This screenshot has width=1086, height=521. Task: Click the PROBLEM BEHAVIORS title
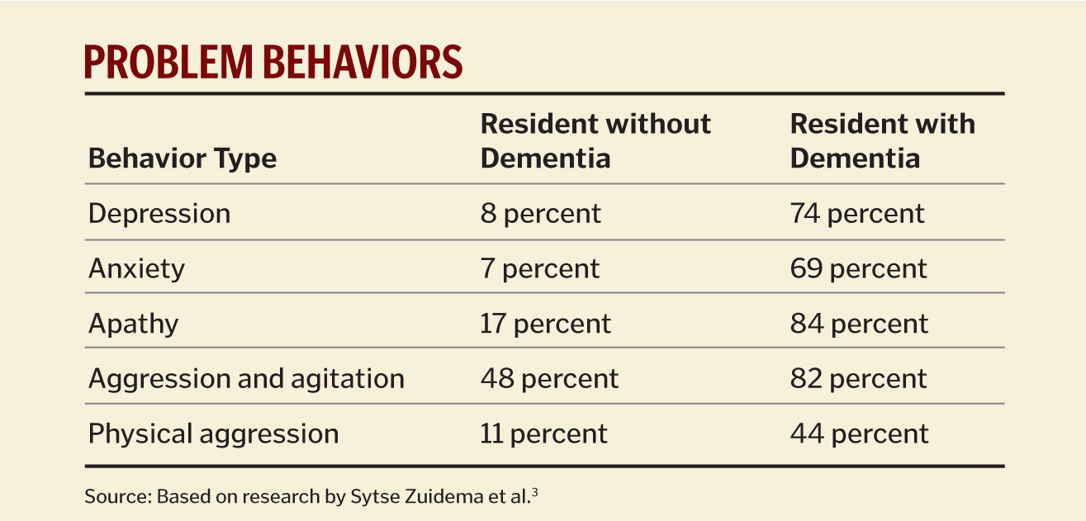[273, 63]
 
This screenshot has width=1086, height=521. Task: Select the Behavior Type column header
[183, 158]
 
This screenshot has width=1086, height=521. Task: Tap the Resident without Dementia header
[595, 140]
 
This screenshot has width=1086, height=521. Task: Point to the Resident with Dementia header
[882, 140]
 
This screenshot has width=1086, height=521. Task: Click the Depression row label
[159, 214]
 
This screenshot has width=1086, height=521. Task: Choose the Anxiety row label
[136, 268]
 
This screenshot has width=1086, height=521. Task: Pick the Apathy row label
[133, 324]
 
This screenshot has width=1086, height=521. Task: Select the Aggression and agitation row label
[246, 379]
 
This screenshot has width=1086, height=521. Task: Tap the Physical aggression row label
[213, 433]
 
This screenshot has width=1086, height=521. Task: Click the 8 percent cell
[540, 214]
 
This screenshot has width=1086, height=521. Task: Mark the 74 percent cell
[856, 214]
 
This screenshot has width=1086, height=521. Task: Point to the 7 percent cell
[539, 268]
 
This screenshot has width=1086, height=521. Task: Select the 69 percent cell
[858, 268]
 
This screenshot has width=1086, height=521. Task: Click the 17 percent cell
[545, 324]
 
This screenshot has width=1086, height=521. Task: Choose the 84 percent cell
[859, 324]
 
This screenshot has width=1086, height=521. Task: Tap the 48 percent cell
[548, 379]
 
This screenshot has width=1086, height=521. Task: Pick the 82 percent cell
[858, 379]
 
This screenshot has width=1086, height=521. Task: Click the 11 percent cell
[543, 433]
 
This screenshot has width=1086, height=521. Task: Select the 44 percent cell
[859, 433]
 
